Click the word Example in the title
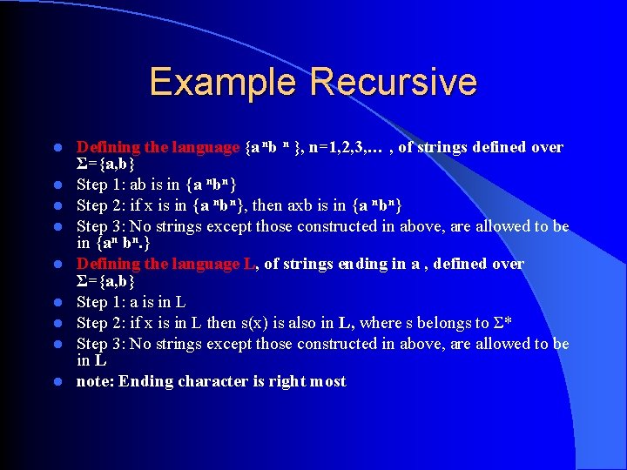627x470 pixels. [x=224, y=82]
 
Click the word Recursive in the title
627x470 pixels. [x=393, y=82]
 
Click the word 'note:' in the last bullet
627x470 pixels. [x=95, y=382]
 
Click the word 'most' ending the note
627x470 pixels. [x=327, y=382]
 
